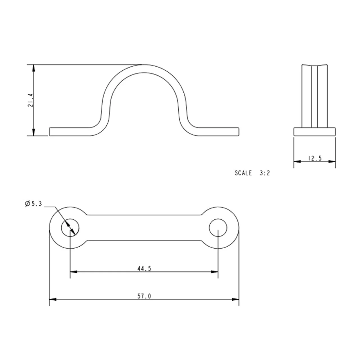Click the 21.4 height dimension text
coord(30,100)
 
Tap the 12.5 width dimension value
coord(315,158)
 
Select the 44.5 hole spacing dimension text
coord(144,269)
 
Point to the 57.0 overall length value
coord(144,296)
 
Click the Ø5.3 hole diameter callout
coord(33,204)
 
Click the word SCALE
coord(243,173)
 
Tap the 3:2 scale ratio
coord(265,173)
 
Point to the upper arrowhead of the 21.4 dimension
coord(34,68)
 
